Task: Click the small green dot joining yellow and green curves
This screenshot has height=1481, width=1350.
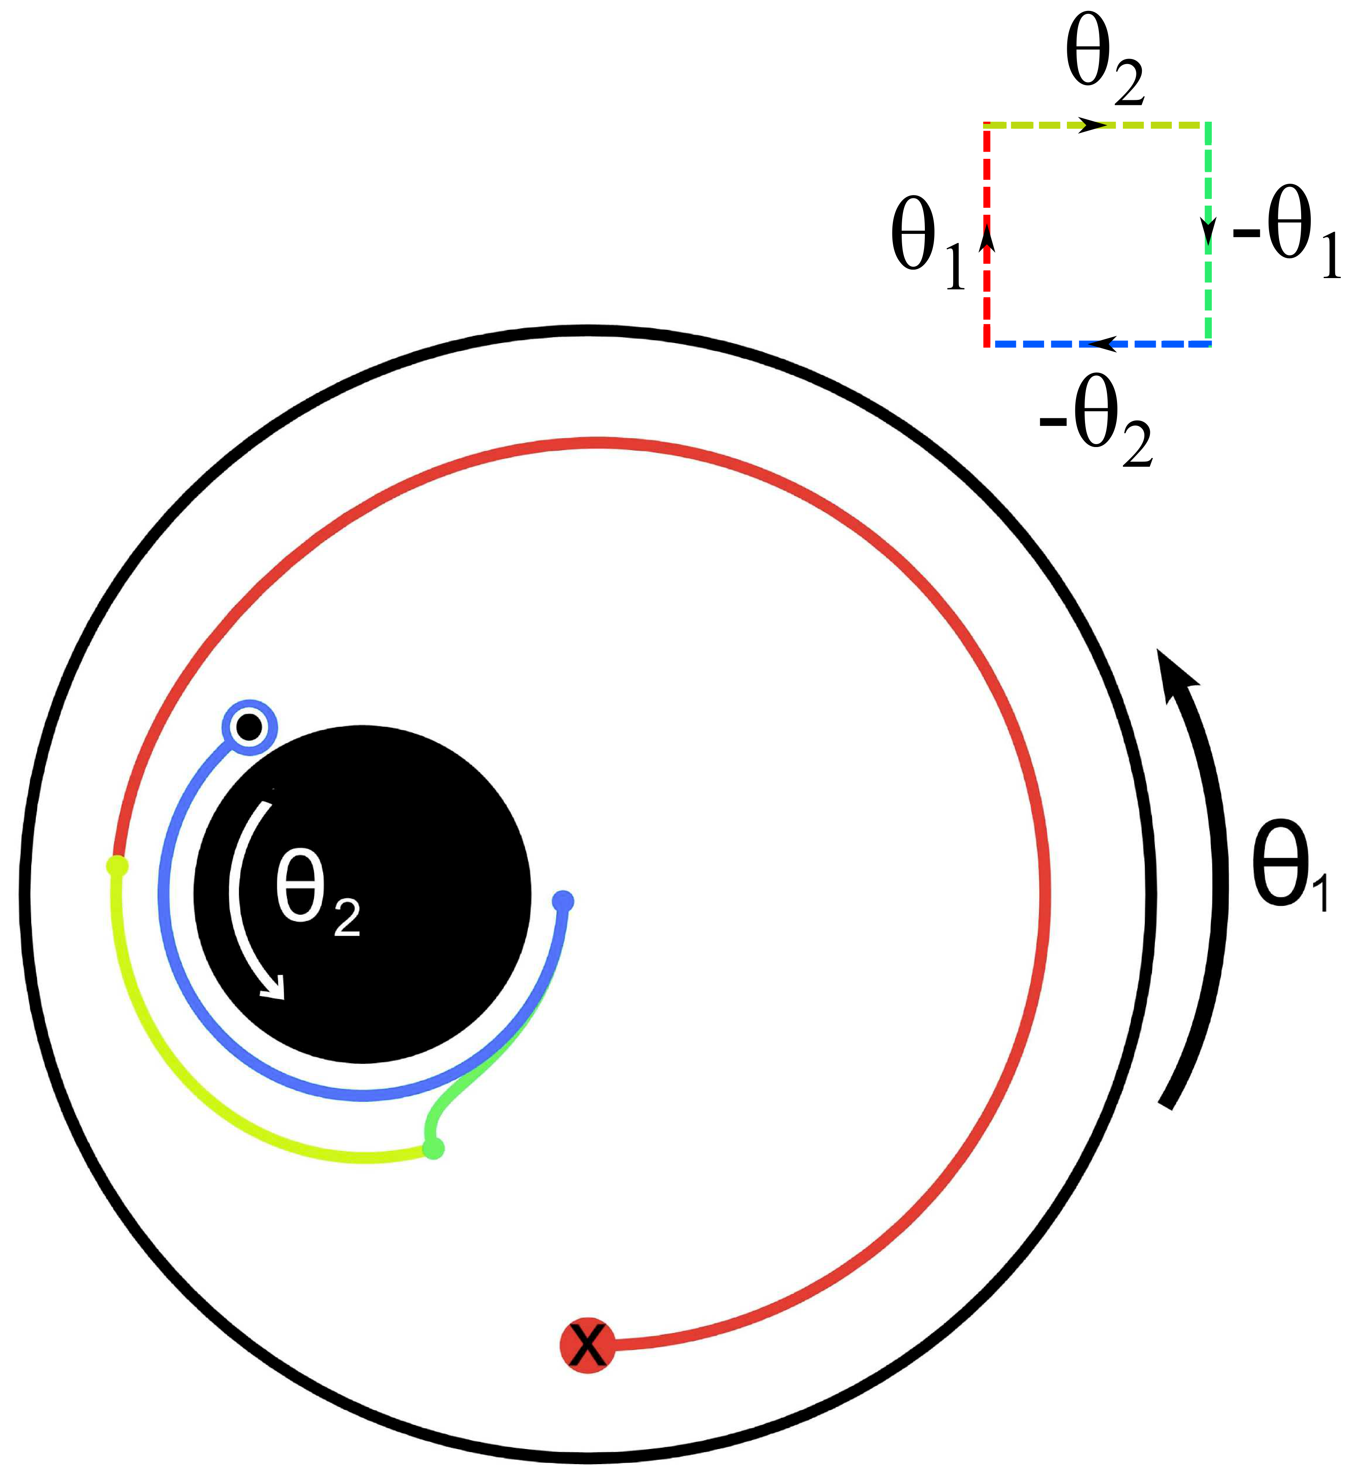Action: pos(433,1147)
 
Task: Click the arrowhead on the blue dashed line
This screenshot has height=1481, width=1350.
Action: pos(1102,343)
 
